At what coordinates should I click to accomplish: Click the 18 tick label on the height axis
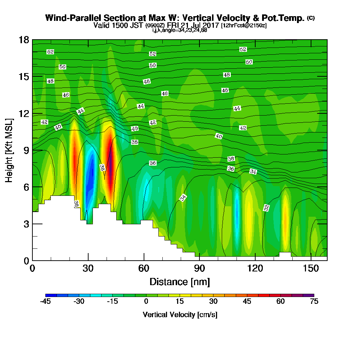(x=24, y=40)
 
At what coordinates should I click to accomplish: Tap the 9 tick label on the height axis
(x=27, y=150)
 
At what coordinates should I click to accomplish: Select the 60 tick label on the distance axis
(x=144, y=268)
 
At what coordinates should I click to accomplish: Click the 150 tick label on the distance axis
(x=311, y=268)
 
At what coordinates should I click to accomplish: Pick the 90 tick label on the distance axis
(x=199, y=268)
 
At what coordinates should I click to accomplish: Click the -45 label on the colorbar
(x=45, y=301)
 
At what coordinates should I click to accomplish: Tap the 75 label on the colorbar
(x=314, y=301)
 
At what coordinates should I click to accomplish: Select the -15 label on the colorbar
(x=112, y=301)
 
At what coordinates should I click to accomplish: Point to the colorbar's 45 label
(x=247, y=301)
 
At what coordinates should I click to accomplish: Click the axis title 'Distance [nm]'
(x=180, y=282)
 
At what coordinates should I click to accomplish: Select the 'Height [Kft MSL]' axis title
(x=9, y=150)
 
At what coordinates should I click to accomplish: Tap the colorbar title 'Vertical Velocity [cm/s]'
(x=180, y=315)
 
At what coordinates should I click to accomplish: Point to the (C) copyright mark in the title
(x=311, y=18)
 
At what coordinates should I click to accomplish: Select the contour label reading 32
(x=266, y=208)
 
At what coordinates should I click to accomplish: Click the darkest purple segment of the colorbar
(x=309, y=295)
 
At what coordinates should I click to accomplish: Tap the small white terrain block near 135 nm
(x=285, y=255)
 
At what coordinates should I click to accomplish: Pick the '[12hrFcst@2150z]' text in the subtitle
(x=244, y=26)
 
